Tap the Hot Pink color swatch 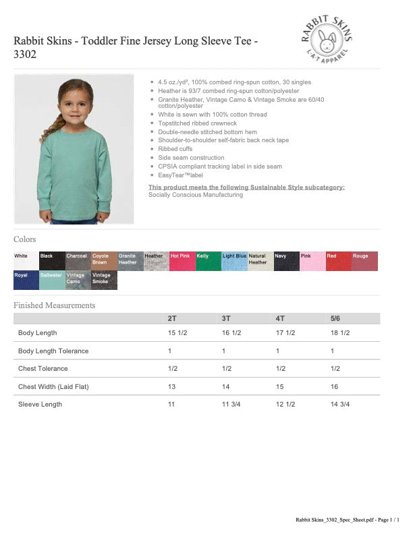coord(182,261)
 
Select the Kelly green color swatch coord(208,261)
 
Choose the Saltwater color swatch coord(52,280)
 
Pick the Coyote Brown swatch coord(103,261)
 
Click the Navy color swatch coord(286,261)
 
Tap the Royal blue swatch coord(26,280)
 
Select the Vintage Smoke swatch coord(104,280)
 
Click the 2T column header coord(173,318)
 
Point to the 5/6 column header coord(335,318)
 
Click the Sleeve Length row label coord(40,404)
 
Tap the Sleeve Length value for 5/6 coord(340,404)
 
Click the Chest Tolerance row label coord(44,369)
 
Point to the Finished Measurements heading coord(55,305)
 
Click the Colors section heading coord(25,239)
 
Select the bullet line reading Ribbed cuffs coord(175,149)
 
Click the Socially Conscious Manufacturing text coord(196,195)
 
